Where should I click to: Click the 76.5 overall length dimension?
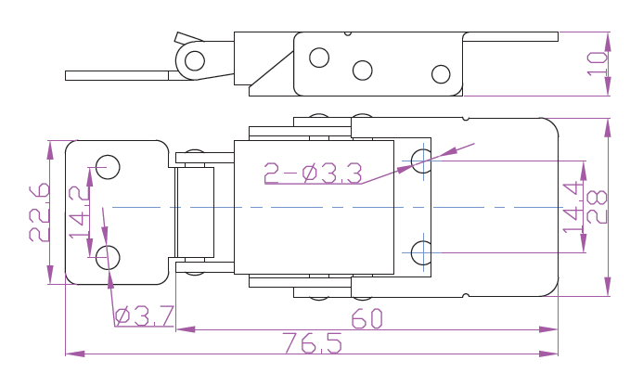coord(312,343)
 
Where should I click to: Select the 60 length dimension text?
coord(367,318)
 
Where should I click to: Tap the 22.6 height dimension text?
coord(39,212)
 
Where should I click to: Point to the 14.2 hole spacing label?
coord(80,212)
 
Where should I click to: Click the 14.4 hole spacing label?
coord(572,207)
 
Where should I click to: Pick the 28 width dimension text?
coord(597,207)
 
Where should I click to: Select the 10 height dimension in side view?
coord(597,63)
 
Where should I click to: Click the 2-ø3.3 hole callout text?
coord(313,173)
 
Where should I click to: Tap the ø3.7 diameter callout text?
coord(145,316)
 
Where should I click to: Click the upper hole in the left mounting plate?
coord(108,167)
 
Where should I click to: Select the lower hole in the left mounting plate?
coord(108,257)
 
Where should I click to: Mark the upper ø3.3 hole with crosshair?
coord(423,161)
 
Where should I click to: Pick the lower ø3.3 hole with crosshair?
coord(423,252)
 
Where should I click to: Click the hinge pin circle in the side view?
coord(195,60)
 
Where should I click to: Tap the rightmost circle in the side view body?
coord(441,74)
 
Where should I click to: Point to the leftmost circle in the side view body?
coord(319,58)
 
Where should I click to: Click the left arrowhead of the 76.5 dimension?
coord(75,354)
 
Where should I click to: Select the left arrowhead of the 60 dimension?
coord(186,329)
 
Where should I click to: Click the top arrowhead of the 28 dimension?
coord(608,128)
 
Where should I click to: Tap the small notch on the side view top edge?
coord(348,33)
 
